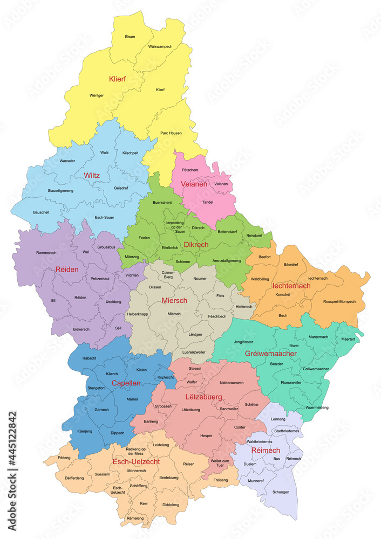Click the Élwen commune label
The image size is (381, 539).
pos(130,37)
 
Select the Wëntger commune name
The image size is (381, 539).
pos(97,95)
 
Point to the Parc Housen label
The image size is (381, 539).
pos(171,133)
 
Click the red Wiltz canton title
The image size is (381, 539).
pos(92,175)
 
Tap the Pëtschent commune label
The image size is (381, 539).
pos(190,170)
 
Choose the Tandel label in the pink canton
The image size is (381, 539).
pos(208,203)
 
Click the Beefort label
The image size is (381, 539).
pos(264,257)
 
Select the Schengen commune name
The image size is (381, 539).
pos(281,492)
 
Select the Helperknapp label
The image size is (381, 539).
pos(137,314)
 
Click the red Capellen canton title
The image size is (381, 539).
pos(126,383)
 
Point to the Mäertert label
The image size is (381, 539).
pos(349,339)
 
